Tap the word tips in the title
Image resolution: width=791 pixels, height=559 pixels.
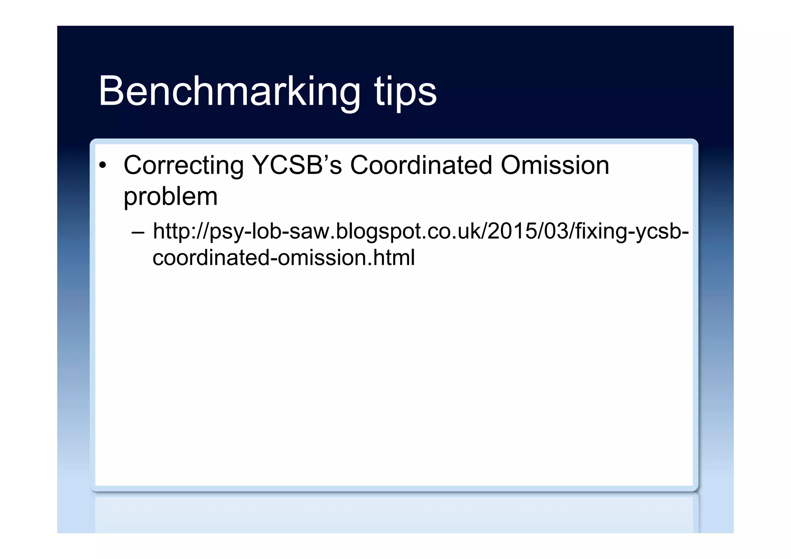pos(405,92)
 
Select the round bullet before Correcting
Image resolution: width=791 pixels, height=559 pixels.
pos(102,166)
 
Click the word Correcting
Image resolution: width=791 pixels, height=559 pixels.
pos(183,165)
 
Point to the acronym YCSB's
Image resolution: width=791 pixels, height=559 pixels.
pos(297,165)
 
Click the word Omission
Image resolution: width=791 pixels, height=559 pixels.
pos(555,165)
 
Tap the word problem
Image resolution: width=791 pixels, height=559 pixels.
pos(170,197)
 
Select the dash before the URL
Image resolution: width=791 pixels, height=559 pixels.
pos(138,232)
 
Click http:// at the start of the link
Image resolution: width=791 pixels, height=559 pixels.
pos(180,232)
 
